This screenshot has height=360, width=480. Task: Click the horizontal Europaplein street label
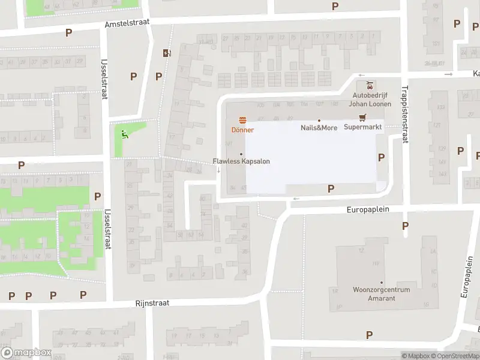click(368, 209)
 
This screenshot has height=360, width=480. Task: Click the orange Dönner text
click(243, 130)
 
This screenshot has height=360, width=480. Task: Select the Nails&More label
click(319, 128)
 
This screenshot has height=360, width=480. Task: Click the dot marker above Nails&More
click(319, 120)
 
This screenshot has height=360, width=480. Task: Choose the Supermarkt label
click(362, 127)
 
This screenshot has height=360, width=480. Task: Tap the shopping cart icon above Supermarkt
click(362, 118)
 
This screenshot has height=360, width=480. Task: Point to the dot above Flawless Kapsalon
click(241, 154)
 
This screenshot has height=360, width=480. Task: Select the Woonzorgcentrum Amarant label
click(381, 293)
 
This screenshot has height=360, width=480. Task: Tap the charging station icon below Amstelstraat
click(166, 53)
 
